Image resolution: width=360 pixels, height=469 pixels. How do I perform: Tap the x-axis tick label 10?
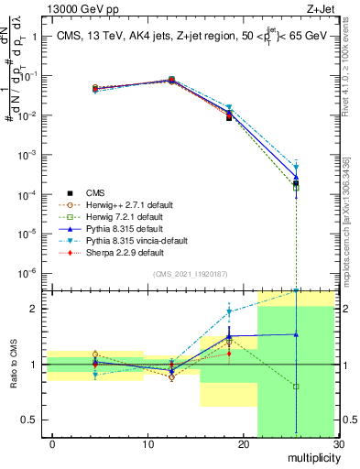(x=148, y=444)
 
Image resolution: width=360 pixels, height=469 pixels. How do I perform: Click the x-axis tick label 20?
(x=244, y=444)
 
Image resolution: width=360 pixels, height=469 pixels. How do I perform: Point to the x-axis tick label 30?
(x=338, y=444)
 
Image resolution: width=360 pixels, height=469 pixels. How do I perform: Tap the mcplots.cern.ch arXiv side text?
(x=349, y=211)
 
